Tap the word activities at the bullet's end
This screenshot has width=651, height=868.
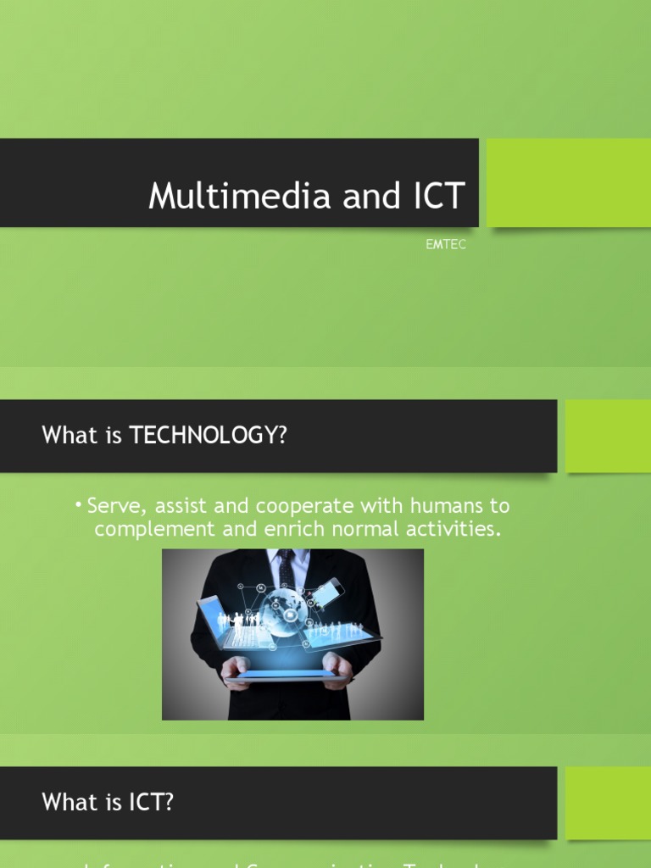(450, 531)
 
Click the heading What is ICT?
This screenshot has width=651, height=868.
(108, 802)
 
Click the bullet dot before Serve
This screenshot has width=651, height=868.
(78, 506)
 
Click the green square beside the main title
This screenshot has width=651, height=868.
(568, 182)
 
